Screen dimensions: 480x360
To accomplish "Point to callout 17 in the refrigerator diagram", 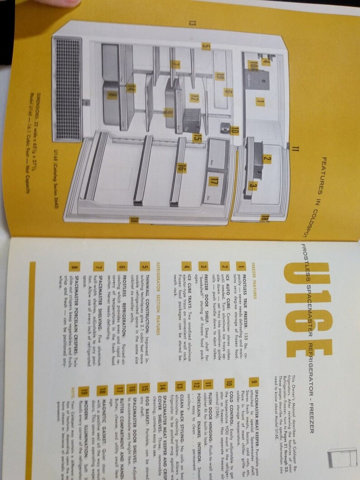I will click(213, 176).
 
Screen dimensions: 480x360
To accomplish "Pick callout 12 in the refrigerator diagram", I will click(194, 97).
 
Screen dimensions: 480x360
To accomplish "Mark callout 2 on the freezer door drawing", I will click(267, 159).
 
